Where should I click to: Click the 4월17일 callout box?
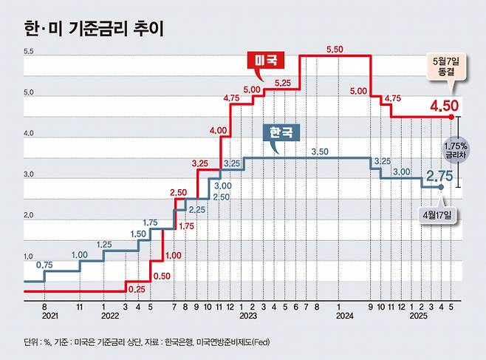441,215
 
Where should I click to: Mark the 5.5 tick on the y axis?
29,52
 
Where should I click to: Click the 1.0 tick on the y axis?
29,256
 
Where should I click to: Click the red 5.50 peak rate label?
335,48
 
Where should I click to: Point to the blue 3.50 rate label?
320,151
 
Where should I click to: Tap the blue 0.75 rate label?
45,265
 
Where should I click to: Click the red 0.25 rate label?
137,288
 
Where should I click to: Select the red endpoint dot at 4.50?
450,116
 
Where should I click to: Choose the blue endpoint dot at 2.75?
441,188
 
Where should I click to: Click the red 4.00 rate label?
218,130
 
